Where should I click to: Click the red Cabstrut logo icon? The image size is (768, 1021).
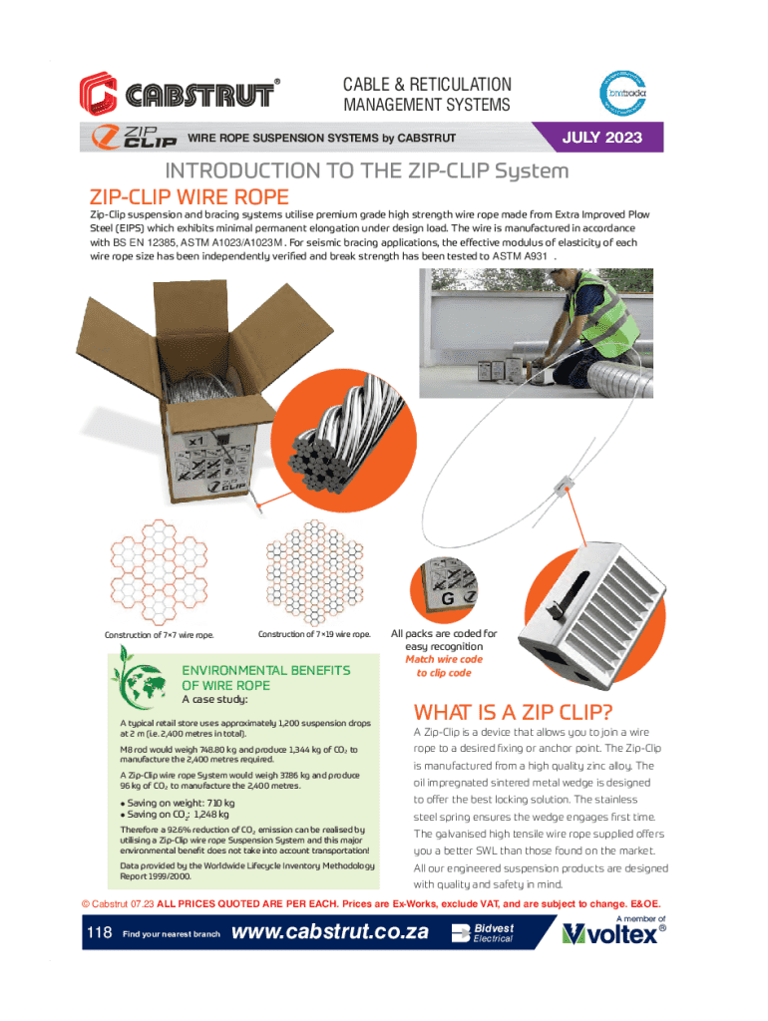point(99,93)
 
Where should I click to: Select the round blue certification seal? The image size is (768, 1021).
point(622,93)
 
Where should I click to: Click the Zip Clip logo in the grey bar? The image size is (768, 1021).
point(135,137)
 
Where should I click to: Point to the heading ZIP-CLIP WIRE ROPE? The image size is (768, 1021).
point(189,196)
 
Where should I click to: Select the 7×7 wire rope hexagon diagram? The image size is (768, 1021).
point(159,571)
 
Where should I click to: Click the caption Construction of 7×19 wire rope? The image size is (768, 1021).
point(314,634)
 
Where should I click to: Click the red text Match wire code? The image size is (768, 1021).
point(444,659)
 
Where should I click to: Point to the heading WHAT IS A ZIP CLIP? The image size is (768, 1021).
point(513,712)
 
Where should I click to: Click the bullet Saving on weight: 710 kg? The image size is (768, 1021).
point(178,803)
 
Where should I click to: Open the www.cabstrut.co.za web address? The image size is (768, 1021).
point(330,932)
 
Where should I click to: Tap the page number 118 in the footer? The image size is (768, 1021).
point(99,932)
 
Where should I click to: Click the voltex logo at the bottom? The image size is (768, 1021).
point(613,933)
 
